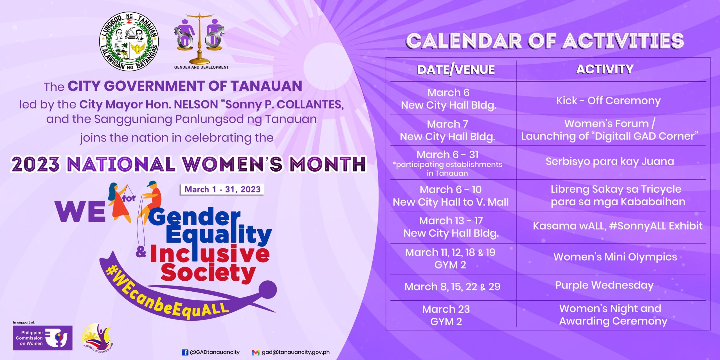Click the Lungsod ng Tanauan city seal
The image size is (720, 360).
coord(129,41)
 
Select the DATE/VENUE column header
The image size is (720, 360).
coord(456,70)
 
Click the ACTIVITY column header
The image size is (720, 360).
coord(605,69)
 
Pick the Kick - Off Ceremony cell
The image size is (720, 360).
coord(608,101)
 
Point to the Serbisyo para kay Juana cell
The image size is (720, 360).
coord(610,161)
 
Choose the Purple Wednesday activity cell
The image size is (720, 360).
coord(604,285)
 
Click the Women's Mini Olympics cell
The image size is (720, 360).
coord(615,257)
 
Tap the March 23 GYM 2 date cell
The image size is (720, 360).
coord(446,315)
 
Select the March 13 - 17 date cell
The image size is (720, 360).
coord(451,227)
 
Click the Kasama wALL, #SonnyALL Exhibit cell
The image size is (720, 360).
coord(618,226)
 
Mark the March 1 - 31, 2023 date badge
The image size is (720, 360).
coord(222,189)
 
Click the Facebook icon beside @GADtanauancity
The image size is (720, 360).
coord(185,352)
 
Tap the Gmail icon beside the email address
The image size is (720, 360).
coord(255,352)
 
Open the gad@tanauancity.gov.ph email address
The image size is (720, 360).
coord(296,352)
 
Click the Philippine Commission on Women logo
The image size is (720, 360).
coord(43,338)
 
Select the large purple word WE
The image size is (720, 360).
coord(80,211)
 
